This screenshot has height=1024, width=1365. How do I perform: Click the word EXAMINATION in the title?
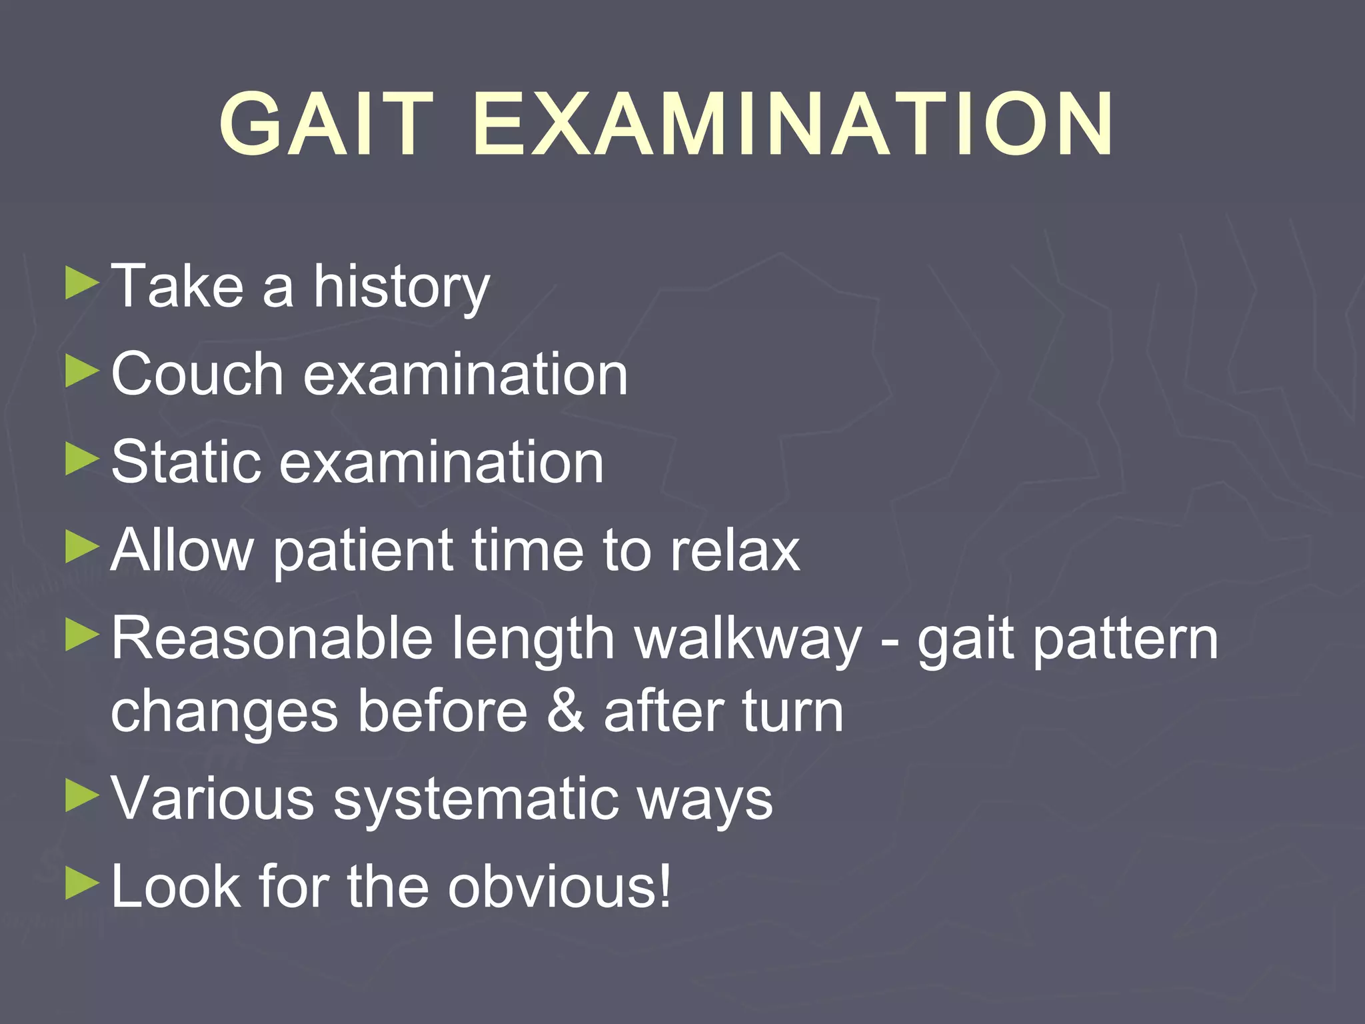(x=793, y=124)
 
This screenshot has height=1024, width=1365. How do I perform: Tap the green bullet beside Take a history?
(x=82, y=284)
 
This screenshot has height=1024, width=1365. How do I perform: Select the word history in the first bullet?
(x=401, y=288)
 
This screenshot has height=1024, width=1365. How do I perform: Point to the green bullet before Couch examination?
(x=82, y=372)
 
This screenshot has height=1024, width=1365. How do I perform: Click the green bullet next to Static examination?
(x=82, y=460)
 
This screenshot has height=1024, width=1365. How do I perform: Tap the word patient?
(x=364, y=551)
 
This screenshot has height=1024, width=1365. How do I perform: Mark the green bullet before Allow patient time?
(x=82, y=548)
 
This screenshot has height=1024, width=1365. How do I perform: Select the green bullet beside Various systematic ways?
(x=82, y=796)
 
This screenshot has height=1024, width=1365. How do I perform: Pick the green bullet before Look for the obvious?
(x=82, y=884)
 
